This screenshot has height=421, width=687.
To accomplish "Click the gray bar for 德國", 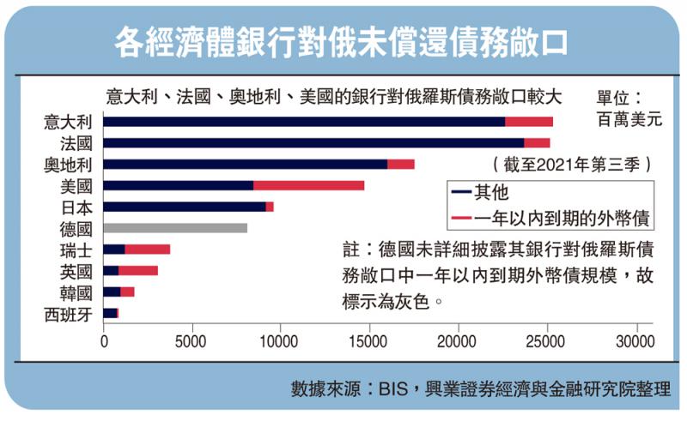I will coord(175,228).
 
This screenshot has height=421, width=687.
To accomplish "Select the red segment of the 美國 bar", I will coord(308,185).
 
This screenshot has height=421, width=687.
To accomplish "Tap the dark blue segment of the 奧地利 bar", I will coord(245,164).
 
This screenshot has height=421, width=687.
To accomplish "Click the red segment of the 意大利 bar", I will coord(529,122).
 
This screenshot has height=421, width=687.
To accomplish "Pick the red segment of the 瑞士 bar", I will coord(147,250).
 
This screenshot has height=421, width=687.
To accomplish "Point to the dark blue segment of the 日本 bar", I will coord(184,207).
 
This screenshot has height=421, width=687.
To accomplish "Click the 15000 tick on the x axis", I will coord(369,340).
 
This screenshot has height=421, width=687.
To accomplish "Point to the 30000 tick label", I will coord(635,340).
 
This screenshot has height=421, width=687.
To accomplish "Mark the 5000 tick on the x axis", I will coord(192,340).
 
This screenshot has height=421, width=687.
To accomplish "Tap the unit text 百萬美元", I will coord(629,119).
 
